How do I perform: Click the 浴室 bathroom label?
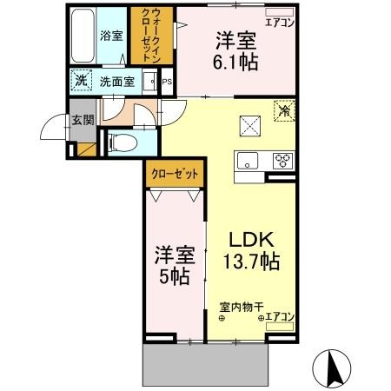coord(110,36)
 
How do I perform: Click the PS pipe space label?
coord(167,83)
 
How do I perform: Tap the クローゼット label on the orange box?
coord(174,174)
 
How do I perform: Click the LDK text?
coord(252,238)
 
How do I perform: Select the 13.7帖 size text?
coord(252,260)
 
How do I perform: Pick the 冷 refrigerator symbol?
coord(284,110)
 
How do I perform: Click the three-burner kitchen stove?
coord(283,159)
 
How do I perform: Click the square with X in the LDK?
coord(251,127)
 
